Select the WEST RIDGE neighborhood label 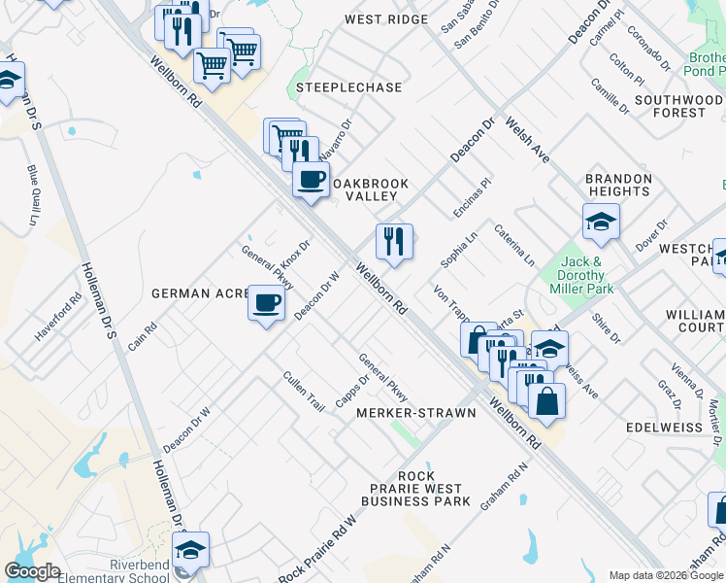[x=385, y=19]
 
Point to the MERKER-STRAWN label [x=415, y=413]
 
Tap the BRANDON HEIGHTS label [x=618, y=186]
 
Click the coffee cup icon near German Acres [x=266, y=302]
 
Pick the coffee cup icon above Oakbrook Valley [x=311, y=180]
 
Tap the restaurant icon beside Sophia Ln [x=394, y=240]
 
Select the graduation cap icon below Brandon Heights [x=601, y=222]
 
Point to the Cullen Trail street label [x=303, y=390]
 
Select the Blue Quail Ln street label [x=32, y=194]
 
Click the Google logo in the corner [x=32, y=571]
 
